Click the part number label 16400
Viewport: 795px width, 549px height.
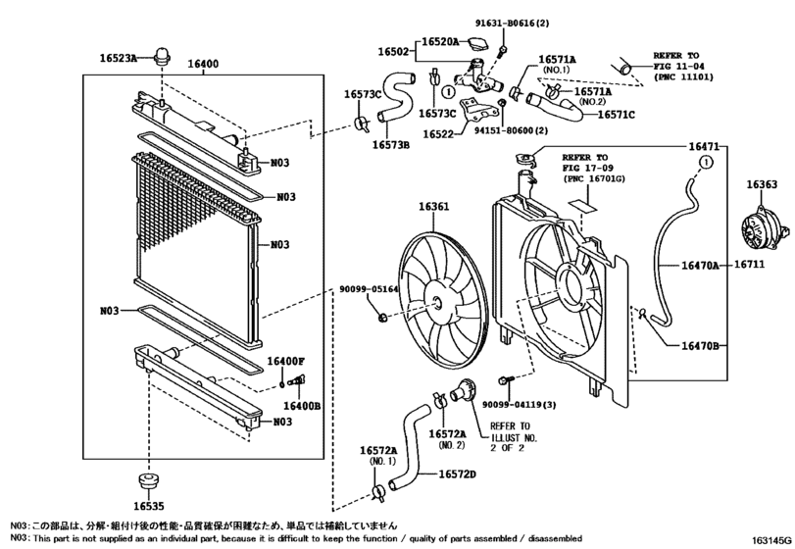coord(203,64)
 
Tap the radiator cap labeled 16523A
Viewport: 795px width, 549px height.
coord(162,55)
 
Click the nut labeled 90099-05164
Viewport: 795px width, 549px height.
coord(383,318)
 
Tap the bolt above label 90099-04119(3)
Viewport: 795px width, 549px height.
coord(507,379)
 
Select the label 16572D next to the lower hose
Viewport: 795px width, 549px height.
coord(458,474)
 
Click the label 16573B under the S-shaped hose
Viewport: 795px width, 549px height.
coord(391,145)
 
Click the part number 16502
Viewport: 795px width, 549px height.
coord(393,51)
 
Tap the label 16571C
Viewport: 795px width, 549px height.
coord(616,115)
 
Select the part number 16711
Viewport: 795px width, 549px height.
coord(749,264)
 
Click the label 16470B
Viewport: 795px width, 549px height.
coord(700,346)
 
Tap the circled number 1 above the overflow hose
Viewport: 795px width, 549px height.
coord(706,162)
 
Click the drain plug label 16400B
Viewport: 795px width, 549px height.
coord(302,406)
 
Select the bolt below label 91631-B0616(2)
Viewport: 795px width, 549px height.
coord(503,50)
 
